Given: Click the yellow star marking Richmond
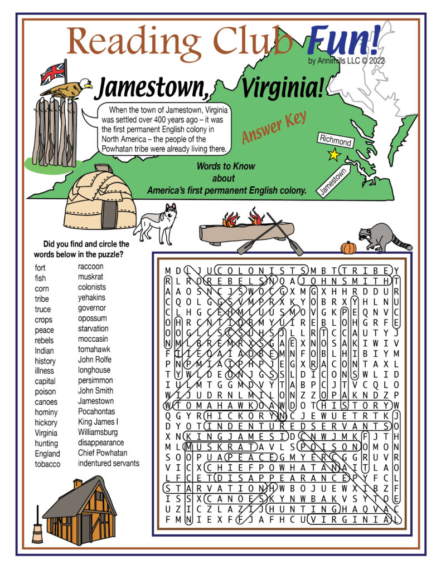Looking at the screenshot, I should [333, 155].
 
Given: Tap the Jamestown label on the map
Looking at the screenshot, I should [332, 181].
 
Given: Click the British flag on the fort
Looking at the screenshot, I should [52, 72].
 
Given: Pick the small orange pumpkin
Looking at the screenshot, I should [348, 247].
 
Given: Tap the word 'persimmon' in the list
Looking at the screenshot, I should [96, 381].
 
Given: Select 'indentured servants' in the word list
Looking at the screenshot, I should [109, 463].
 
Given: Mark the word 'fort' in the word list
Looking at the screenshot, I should [40, 268].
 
